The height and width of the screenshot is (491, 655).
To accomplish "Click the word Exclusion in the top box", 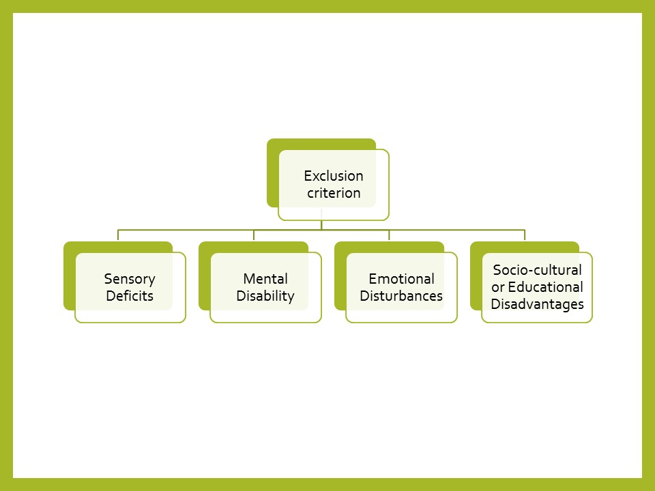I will click(x=334, y=176).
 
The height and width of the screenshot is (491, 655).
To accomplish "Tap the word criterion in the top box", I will click(x=334, y=193).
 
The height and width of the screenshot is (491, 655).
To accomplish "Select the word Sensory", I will click(x=130, y=279).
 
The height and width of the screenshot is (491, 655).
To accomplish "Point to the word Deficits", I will click(x=130, y=296).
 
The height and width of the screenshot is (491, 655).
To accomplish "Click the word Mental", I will click(x=265, y=279).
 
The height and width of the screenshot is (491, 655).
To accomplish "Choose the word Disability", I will click(x=265, y=296).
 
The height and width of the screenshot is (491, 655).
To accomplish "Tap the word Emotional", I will click(x=401, y=279).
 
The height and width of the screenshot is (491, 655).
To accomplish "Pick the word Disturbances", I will click(x=401, y=296).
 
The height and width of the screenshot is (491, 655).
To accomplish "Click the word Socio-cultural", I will click(x=537, y=270).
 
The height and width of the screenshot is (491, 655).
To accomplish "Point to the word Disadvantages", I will click(x=537, y=304).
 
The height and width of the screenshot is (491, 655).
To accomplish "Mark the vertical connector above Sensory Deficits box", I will click(x=118, y=235).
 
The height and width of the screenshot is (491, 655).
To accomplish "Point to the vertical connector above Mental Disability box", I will click(x=254, y=235).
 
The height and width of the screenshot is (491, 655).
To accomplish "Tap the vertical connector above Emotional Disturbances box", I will click(x=389, y=235).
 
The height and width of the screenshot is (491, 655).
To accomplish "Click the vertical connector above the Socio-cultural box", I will click(x=525, y=235).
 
